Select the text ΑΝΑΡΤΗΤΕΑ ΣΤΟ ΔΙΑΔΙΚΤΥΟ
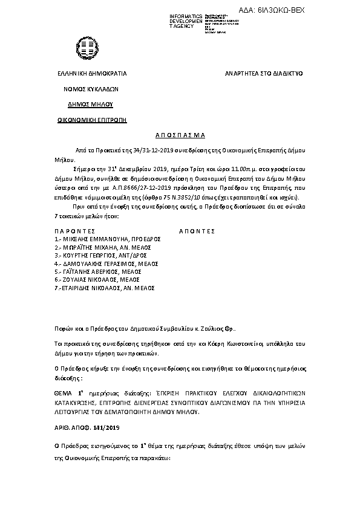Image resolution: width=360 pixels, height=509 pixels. pyautogui.click(x=264, y=73)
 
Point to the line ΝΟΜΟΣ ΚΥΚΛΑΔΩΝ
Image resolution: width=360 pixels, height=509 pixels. pyautogui.click(x=91, y=88)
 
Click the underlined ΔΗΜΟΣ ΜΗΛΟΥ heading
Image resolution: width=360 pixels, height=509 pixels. pyautogui.click(x=91, y=104)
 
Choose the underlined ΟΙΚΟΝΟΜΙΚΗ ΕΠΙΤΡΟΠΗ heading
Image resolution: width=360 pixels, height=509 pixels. pyautogui.click(x=92, y=120)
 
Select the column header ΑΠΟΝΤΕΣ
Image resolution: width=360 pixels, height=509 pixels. pyautogui.click(x=197, y=231)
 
